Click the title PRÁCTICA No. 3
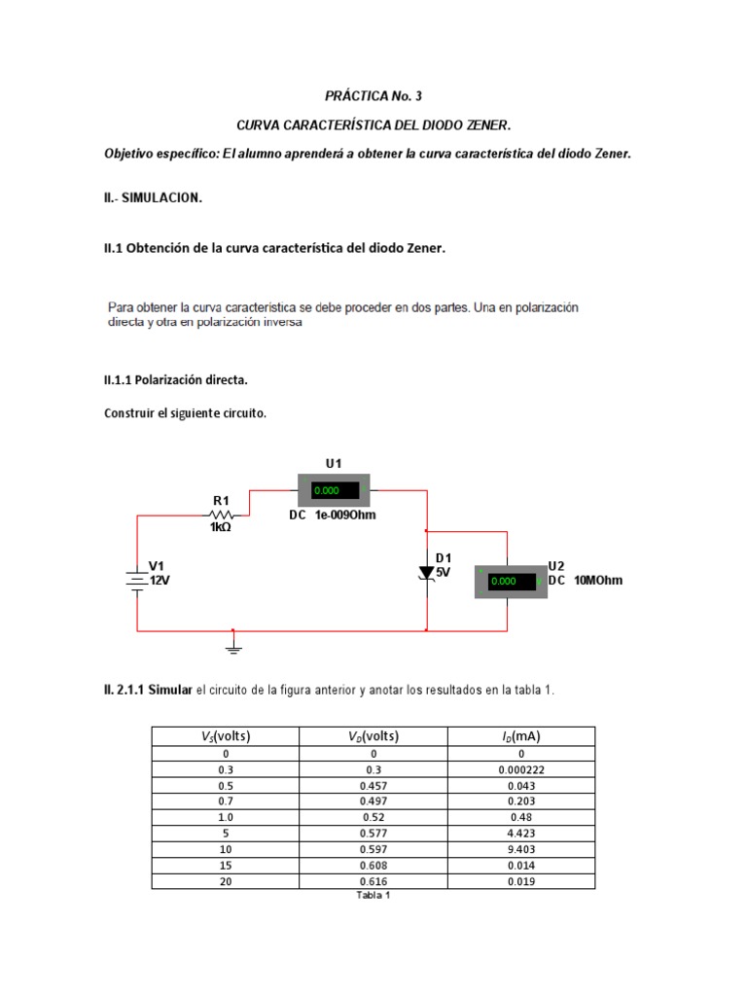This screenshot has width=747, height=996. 373,96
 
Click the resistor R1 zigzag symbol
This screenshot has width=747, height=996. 222,515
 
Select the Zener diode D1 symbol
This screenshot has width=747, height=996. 426,574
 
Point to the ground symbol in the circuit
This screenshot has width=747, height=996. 232,645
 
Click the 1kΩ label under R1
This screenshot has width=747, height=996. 221,528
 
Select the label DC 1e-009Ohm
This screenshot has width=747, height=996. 332,516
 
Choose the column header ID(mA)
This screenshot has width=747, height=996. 520,736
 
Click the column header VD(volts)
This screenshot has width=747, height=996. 372,736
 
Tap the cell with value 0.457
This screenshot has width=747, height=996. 372,784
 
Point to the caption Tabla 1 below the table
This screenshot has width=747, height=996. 373,896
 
